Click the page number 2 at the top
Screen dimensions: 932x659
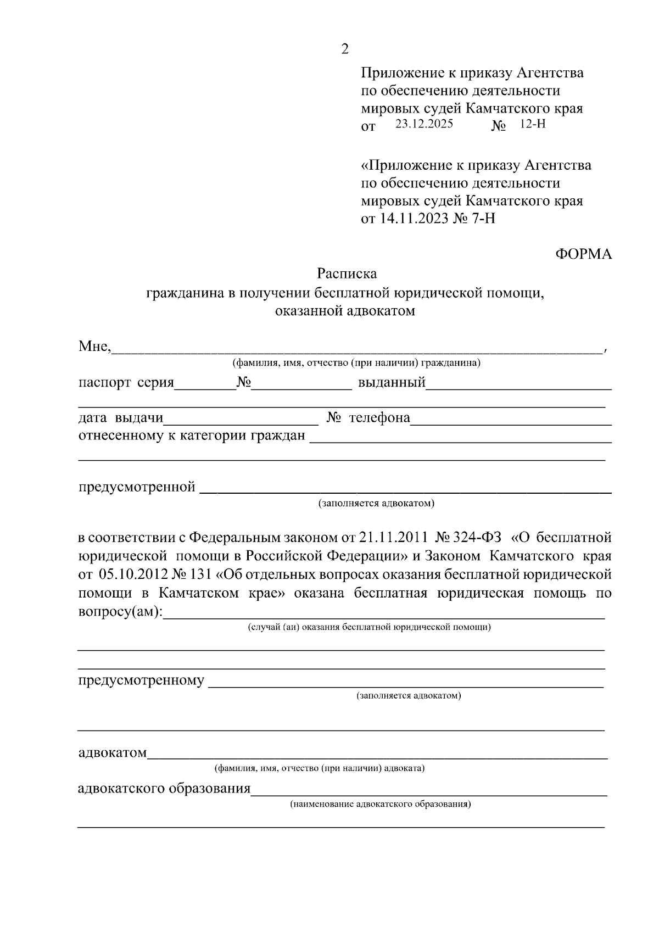[x=345, y=49]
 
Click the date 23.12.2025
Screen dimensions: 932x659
[x=424, y=124]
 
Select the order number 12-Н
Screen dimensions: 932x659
[x=532, y=124]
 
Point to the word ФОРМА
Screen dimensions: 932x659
[x=583, y=254]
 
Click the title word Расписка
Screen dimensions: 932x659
[x=347, y=273]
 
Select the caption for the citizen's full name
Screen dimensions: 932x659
[x=356, y=363]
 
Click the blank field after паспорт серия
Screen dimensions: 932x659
[x=205, y=383]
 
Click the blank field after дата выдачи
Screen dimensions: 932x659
[x=241, y=419]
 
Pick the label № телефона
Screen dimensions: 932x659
[x=368, y=418]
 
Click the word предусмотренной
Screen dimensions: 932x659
[x=137, y=487]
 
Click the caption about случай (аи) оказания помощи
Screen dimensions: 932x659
[x=369, y=627]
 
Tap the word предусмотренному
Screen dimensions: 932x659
[x=141, y=681]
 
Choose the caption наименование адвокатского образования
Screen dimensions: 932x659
[x=381, y=805]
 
